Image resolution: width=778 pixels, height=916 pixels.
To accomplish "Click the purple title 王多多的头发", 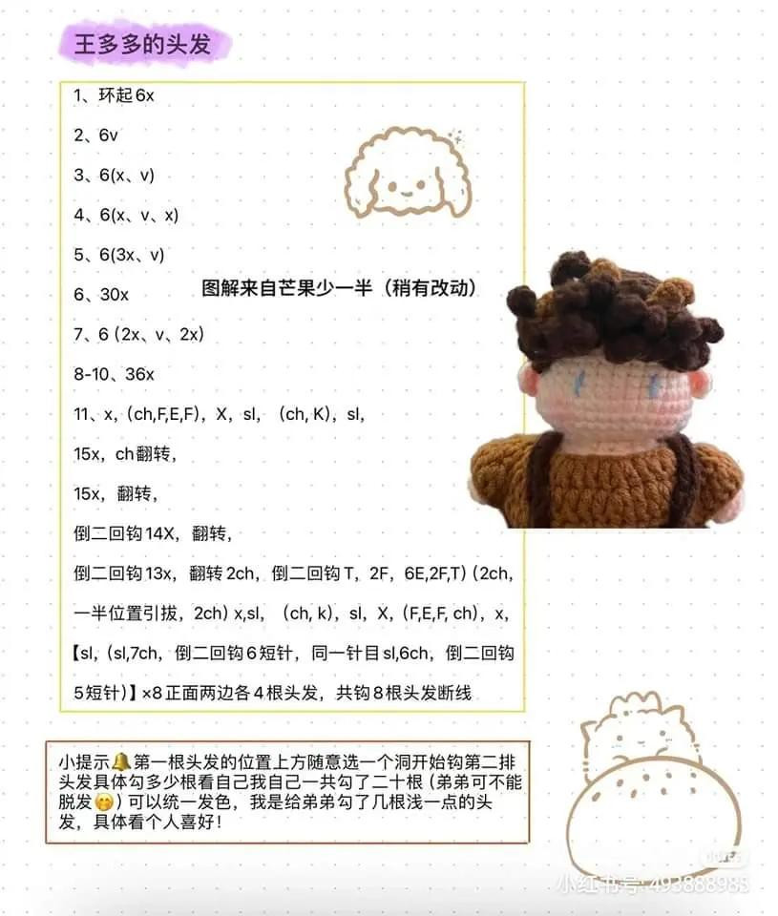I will click(x=142, y=45).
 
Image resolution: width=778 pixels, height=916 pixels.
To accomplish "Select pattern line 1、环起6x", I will click(x=114, y=95).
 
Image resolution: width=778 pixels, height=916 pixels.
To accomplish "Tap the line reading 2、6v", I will click(x=95, y=135).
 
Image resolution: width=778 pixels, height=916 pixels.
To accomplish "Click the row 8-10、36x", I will click(x=114, y=374).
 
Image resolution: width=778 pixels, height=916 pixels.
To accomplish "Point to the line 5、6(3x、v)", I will click(x=119, y=255).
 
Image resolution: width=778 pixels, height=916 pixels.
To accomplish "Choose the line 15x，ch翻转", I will click(x=125, y=454).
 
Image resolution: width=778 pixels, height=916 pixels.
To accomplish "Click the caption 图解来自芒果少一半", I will click(x=340, y=287).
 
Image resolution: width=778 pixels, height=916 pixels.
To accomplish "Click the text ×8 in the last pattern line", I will click(x=153, y=694).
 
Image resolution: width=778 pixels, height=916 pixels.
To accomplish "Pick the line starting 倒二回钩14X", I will click(x=153, y=533).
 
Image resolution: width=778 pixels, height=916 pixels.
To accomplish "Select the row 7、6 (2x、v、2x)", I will click(x=139, y=334).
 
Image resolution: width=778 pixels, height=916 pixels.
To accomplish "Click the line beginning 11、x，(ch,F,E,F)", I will click(x=220, y=414).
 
